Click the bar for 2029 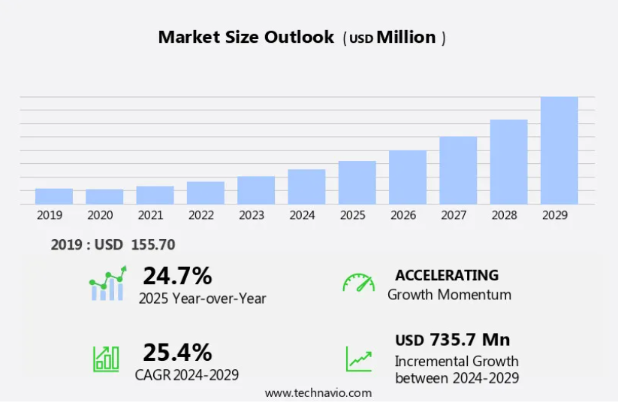click(x=559, y=150)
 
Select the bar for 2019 click(x=54, y=196)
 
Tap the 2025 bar click(x=357, y=183)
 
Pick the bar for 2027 click(x=458, y=171)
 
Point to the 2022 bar click(x=206, y=193)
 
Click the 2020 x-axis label click(x=100, y=215)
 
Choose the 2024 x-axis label click(x=302, y=215)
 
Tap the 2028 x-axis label click(x=504, y=215)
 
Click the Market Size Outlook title click(x=246, y=37)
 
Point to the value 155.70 click(x=152, y=244)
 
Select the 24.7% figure click(x=177, y=276)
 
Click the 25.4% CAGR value click(x=177, y=352)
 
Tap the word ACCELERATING click(x=447, y=275)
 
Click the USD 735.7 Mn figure click(x=452, y=339)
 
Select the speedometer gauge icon click(x=358, y=283)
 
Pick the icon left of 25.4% click(x=106, y=358)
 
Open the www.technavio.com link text click(x=318, y=392)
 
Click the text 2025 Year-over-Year click(x=202, y=298)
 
